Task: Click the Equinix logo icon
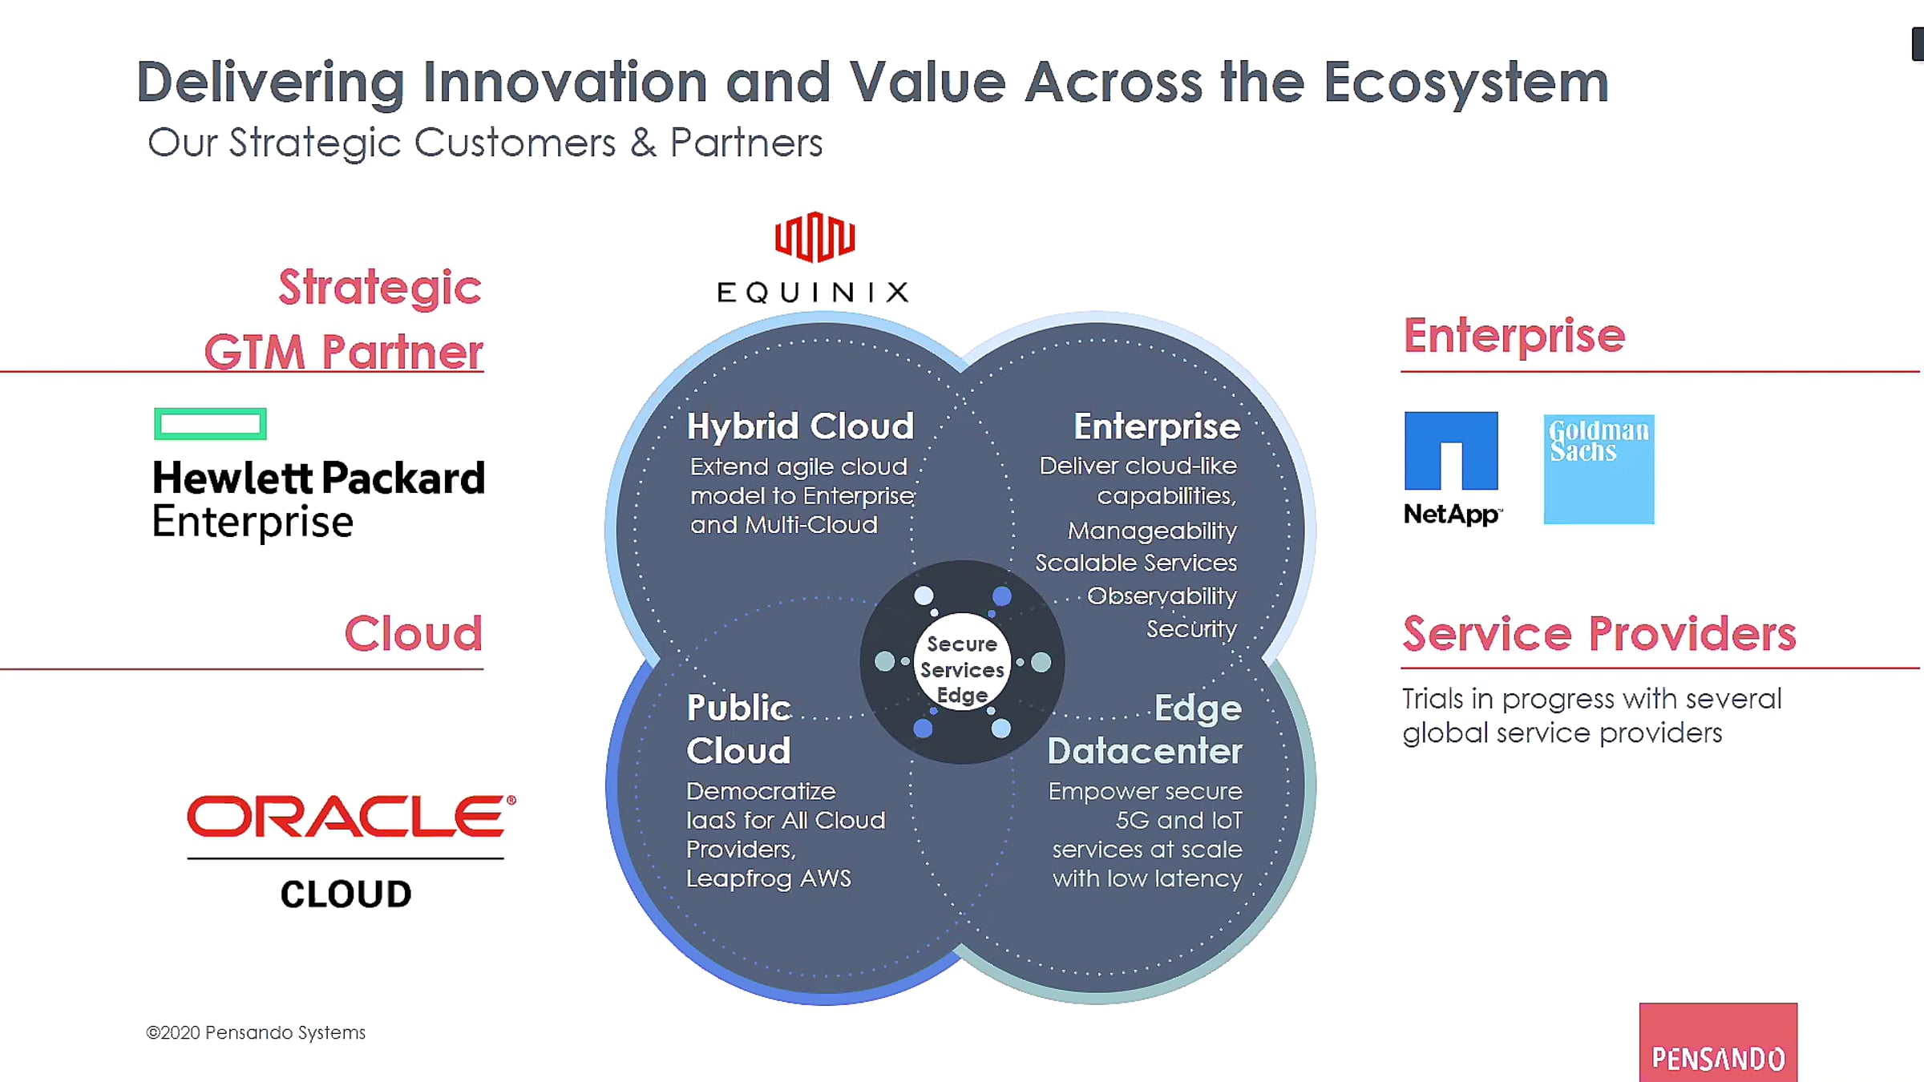click(814, 237)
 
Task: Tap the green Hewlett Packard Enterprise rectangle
click(210, 424)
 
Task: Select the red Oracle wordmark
click(351, 816)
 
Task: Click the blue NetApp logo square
click(1451, 450)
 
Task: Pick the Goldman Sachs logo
click(1599, 469)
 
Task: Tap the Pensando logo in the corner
click(1718, 1042)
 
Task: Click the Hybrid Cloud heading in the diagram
click(800, 426)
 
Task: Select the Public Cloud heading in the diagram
click(739, 729)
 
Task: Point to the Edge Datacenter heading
click(1145, 729)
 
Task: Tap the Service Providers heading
click(1599, 633)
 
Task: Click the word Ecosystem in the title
click(1465, 83)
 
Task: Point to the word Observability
click(1162, 596)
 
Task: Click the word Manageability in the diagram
click(1152, 531)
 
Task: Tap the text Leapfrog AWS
click(768, 878)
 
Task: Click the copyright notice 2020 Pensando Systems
click(256, 1032)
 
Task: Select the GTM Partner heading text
click(344, 353)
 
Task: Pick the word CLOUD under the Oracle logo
click(346, 894)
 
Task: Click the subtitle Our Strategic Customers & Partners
click(485, 144)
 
